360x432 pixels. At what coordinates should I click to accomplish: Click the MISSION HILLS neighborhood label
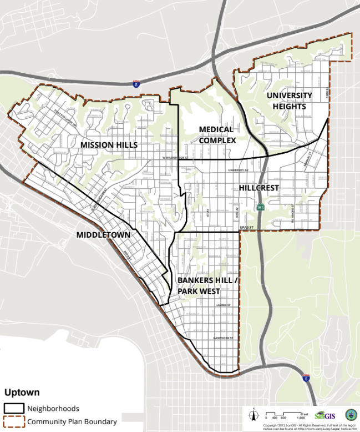coord(109,144)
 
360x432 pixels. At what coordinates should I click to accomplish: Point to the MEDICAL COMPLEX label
coord(217,135)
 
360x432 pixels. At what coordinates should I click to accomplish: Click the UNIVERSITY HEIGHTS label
coord(289,101)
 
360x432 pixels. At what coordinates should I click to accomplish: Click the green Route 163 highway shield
coord(260,207)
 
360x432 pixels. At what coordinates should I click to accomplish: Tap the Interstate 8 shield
coord(136,84)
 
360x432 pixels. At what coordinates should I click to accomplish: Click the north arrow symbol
coord(253,414)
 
